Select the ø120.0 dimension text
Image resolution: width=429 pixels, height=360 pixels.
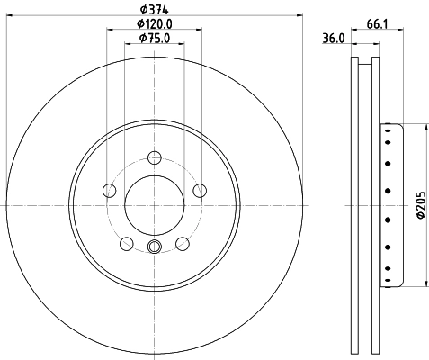[154, 23]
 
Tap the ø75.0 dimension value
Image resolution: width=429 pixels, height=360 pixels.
[154, 39]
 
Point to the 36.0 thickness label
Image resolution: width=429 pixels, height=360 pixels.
[334, 39]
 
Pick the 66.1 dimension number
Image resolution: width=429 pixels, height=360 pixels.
[377, 23]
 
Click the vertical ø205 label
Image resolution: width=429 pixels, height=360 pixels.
[419, 204]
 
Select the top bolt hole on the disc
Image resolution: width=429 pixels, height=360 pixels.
[154, 154]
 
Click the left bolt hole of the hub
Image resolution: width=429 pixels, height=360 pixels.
[110, 190]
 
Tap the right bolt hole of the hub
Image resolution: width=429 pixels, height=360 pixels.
[199, 190]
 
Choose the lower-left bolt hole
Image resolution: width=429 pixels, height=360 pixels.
[126, 243]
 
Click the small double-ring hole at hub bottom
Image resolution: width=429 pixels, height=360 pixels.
[154, 248]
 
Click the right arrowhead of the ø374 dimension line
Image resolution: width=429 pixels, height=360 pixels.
[299, 16]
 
